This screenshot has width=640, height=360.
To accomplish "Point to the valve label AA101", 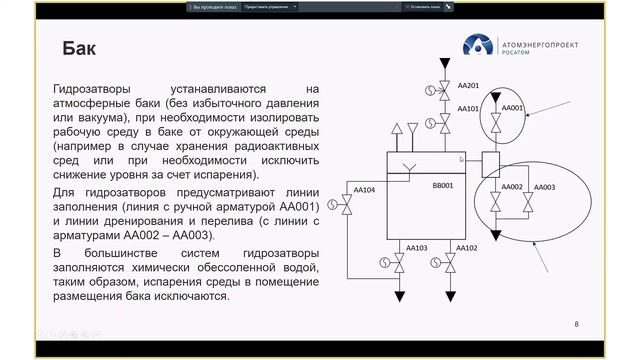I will tap(468, 108).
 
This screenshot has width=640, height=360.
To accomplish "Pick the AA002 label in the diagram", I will tap(512, 187).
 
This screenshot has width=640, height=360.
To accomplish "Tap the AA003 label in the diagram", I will tap(545, 187).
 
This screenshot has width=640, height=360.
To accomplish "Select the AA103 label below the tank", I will tap(417, 247).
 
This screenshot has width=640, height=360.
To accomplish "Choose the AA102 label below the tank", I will tap(466, 247).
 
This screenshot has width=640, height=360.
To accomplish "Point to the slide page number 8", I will tap(576, 325).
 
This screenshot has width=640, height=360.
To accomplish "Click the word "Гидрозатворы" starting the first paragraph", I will tap(91, 88).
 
